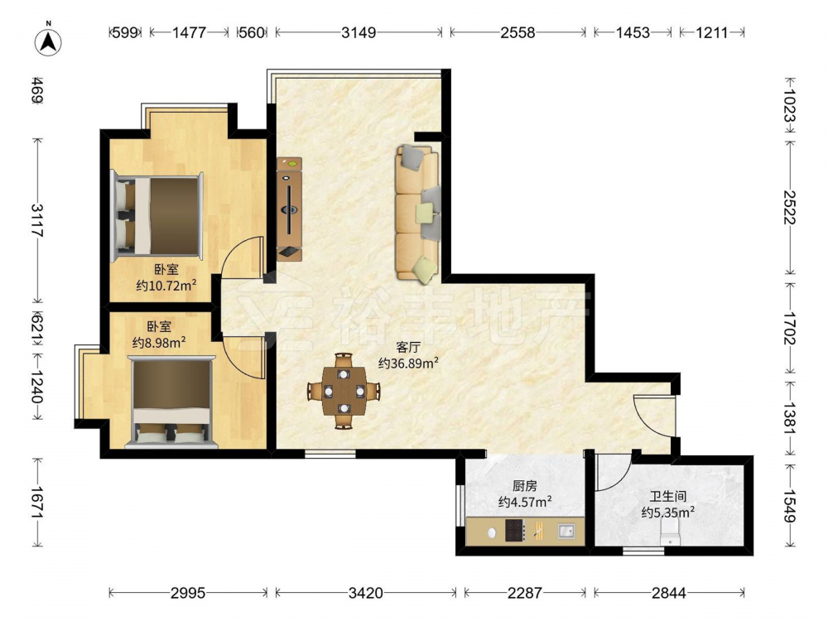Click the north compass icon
tap(48, 41)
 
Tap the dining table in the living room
tap(344, 392)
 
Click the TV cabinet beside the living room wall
tap(289, 209)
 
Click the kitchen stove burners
tap(515, 531)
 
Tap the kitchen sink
tap(566, 531)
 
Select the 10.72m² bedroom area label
tap(166, 286)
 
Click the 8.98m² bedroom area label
tap(158, 343)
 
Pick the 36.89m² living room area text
tap(409, 363)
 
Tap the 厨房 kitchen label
tap(524, 485)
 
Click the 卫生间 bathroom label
tap(668, 496)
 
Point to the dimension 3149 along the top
tap(359, 33)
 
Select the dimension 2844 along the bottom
tap(668, 593)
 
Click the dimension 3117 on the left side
tap(37, 220)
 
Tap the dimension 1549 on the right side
tap(789, 507)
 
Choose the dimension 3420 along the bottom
tap(365, 593)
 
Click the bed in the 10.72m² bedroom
tap(156, 215)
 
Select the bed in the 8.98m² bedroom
tap(171, 402)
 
